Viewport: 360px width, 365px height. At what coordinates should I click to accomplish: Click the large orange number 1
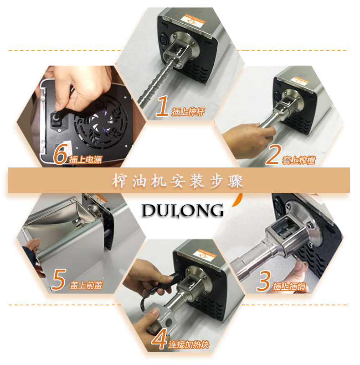162,106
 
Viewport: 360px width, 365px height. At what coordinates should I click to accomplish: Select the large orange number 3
263,281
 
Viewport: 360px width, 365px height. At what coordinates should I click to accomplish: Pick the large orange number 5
59,279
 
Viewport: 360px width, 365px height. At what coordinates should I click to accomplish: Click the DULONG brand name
183,210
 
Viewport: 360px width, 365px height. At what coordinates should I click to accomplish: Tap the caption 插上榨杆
188,112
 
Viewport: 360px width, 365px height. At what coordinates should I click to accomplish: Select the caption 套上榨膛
298,160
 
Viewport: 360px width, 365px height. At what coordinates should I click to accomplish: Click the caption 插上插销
289,287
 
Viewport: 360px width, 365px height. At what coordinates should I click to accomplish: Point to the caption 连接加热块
189,344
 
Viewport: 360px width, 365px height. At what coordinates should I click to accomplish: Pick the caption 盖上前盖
86,285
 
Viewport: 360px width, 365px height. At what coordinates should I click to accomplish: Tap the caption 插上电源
86,160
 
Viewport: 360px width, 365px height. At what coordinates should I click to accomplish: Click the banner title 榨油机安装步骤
178,181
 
